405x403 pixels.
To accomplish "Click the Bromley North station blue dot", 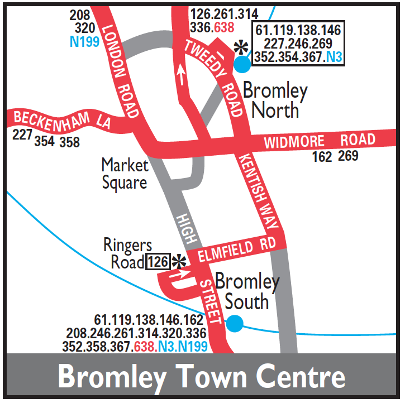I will click(242, 64).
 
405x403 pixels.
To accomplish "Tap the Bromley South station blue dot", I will click(235, 323).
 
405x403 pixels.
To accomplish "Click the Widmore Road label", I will click(320, 141).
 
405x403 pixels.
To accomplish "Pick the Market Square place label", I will click(125, 174).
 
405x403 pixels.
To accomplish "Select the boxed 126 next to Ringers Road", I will click(158, 261).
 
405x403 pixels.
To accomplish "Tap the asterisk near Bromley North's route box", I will click(241, 47).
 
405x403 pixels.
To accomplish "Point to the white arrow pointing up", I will click(180, 74).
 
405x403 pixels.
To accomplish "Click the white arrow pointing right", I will click(183, 274).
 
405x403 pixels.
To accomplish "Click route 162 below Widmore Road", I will click(322, 157).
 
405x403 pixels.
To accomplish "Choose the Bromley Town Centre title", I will click(202, 377).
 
